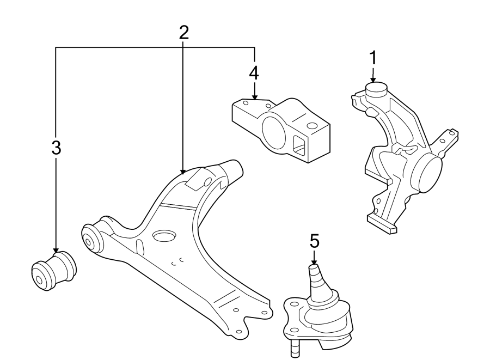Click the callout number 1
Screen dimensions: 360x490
coord(373,57)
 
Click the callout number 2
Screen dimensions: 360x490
coord(183,33)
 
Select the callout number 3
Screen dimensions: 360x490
coord(56,147)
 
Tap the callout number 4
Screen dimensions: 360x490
coord(254,72)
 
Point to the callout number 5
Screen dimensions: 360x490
coord(314,241)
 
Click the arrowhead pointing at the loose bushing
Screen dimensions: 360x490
coord(56,250)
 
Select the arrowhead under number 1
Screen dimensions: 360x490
coord(373,78)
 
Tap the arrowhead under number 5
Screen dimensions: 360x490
coord(314,260)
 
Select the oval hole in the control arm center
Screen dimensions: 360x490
coord(164,236)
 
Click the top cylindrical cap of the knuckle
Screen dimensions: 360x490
coord(375,88)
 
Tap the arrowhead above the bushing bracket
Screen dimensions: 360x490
coord(254,96)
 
